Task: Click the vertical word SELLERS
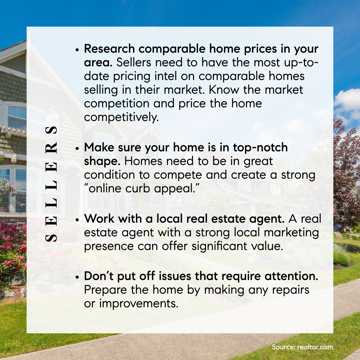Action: [51, 184]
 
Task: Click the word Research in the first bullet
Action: [109, 49]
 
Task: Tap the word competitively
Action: [121, 117]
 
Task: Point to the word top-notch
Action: [260, 148]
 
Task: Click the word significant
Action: [219, 246]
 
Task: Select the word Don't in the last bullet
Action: [99, 276]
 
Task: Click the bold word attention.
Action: [291, 276]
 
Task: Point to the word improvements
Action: [139, 304]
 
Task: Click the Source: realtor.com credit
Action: [302, 347]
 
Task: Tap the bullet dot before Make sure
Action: [77, 148]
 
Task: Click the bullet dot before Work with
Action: [77, 220]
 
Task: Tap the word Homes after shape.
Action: [143, 161]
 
